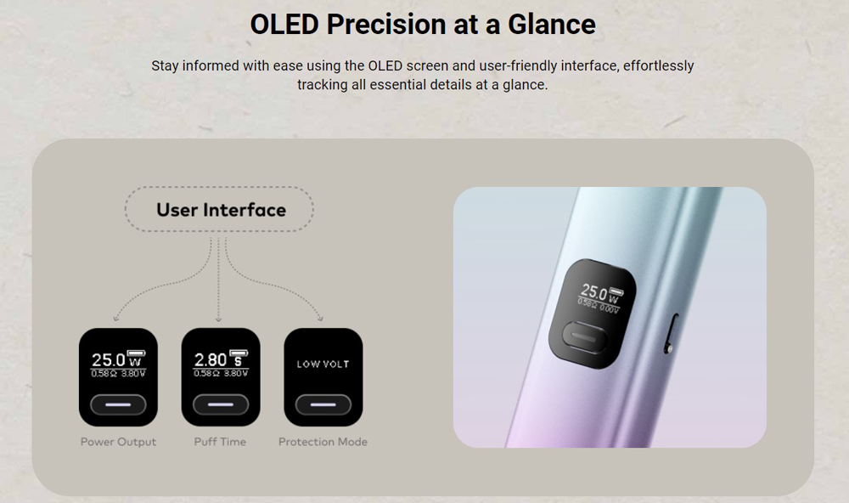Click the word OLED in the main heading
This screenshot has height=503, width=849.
(x=284, y=25)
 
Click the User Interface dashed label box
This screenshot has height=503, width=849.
(x=219, y=210)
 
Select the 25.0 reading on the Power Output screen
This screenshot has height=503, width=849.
(x=109, y=360)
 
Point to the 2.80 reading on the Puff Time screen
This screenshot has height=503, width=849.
(x=210, y=360)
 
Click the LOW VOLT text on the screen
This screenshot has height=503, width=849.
(x=323, y=365)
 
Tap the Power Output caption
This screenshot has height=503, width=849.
(x=118, y=442)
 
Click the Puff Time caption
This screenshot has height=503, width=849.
(x=220, y=442)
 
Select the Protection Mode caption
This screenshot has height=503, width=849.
(x=323, y=442)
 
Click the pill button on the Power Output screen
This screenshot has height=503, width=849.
(x=118, y=405)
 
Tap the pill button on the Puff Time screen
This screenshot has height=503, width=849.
(x=221, y=405)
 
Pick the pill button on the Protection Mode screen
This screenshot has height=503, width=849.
(x=323, y=405)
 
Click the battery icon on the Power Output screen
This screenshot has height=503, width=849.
(x=136, y=353)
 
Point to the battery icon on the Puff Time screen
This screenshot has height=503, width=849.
(x=239, y=353)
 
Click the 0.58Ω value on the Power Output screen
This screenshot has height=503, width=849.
(x=100, y=374)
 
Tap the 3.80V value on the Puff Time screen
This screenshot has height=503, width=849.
(x=236, y=374)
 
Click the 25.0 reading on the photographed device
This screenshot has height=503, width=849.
(x=594, y=292)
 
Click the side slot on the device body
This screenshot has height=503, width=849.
(x=671, y=333)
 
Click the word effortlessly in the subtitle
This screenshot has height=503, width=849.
(x=659, y=66)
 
